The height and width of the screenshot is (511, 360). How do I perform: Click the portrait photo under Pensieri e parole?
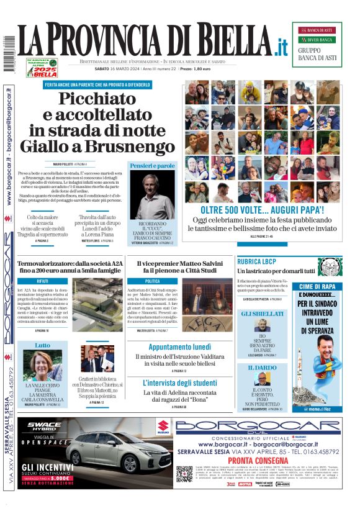pos(153,197)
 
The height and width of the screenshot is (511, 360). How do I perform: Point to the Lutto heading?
pos(42,345)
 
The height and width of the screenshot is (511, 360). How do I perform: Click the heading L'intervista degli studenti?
pos(179,382)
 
